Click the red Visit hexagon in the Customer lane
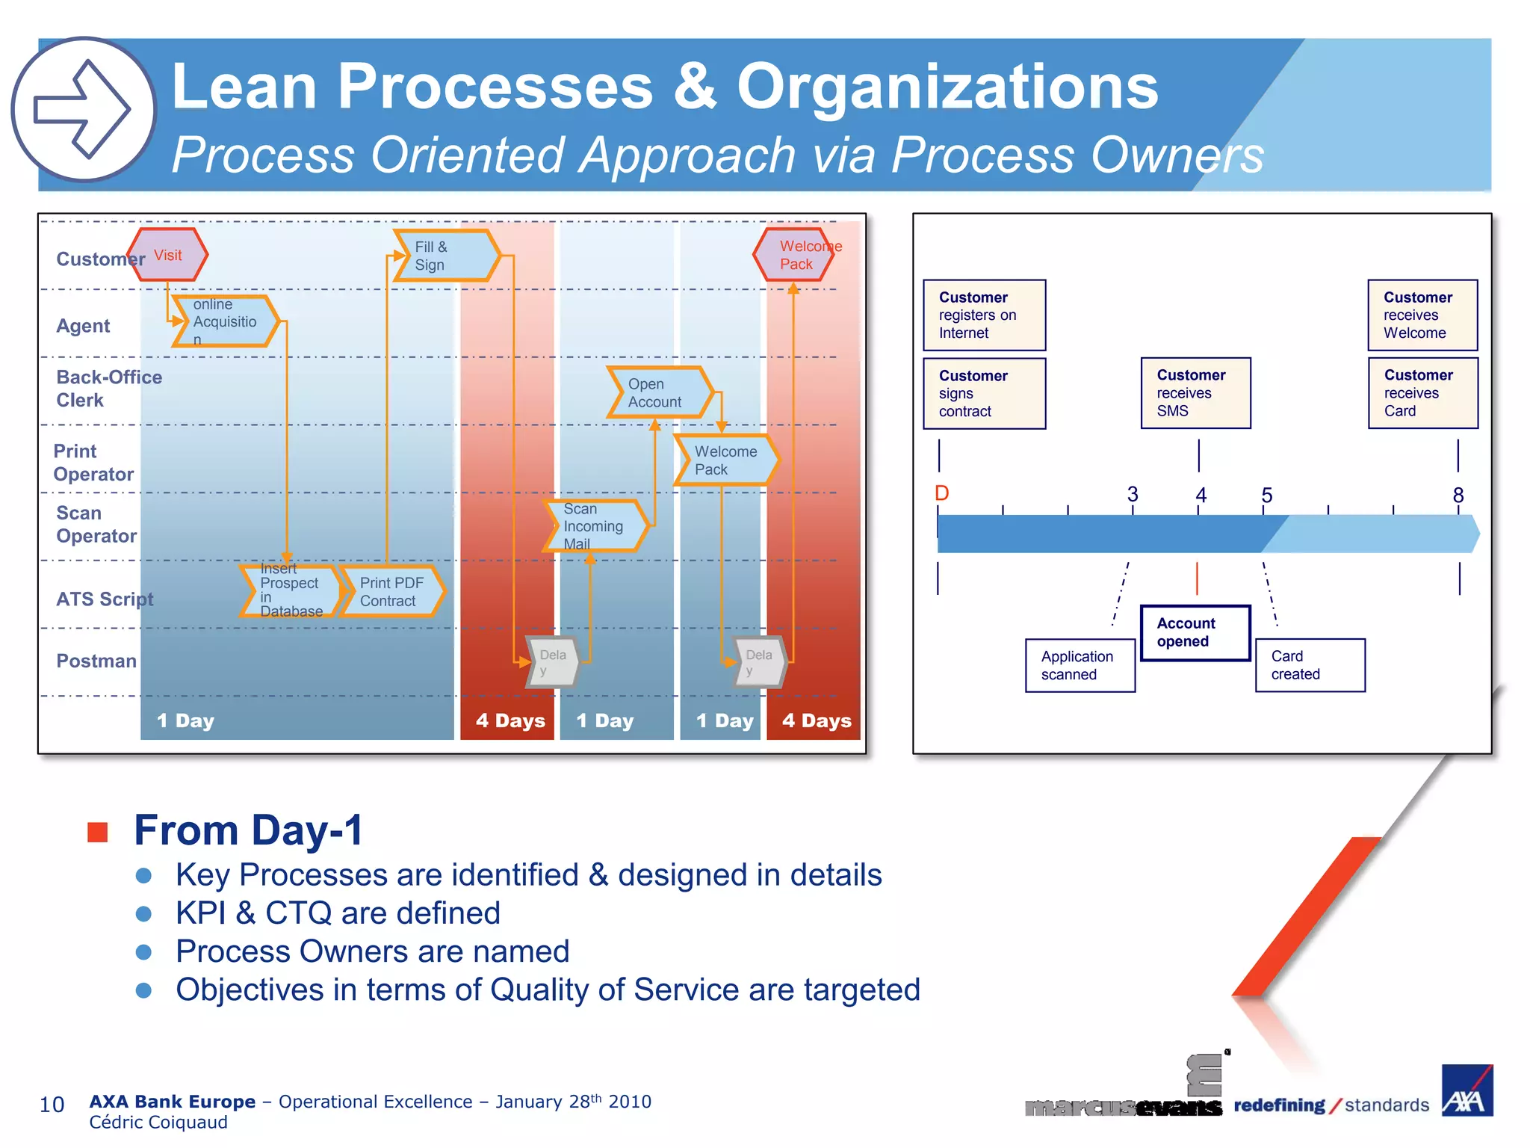(167, 255)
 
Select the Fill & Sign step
(445, 256)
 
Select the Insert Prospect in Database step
(290, 591)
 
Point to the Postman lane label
(96, 661)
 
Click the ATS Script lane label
(105, 599)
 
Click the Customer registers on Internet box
(984, 315)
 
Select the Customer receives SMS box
(1195, 393)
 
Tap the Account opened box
(1194, 632)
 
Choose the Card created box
(1309, 665)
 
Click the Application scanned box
(1080, 665)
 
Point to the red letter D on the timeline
(941, 493)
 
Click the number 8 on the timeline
(1458, 495)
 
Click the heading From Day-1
(248, 830)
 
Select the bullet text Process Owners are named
(372, 951)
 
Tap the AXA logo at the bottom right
(1466, 1091)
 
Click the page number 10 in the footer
(52, 1105)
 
